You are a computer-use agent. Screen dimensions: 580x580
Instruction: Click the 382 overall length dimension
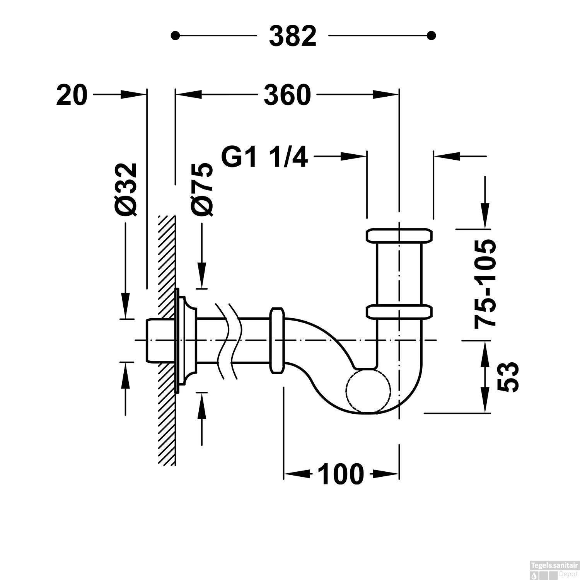pos(293,36)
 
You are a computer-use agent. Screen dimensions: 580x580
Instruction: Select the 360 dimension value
pos(287,95)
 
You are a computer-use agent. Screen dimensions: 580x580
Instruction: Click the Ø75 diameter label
pos(202,189)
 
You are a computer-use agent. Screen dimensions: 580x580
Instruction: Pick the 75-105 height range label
pos(484,284)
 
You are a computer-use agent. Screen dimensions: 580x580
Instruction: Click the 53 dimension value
pos(507,377)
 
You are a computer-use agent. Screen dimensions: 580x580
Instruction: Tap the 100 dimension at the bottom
pos(341,474)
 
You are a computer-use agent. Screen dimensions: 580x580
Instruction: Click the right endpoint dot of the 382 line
pos(432,36)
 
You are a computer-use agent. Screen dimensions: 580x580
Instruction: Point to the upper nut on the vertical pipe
pos(399,235)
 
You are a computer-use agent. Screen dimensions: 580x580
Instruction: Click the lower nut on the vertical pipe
pos(399,312)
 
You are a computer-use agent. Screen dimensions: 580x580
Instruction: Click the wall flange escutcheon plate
pos(186,341)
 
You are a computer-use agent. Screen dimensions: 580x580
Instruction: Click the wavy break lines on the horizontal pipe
pos(229,341)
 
